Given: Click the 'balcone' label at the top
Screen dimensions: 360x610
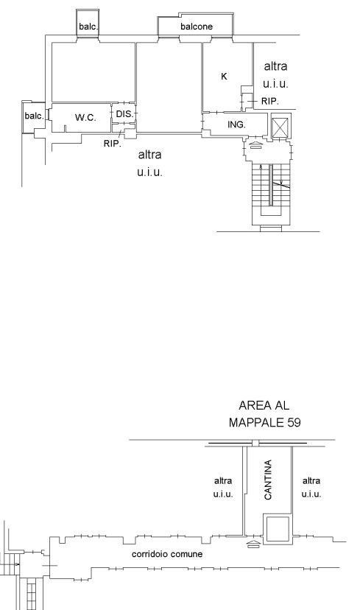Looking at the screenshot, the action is tap(197, 27).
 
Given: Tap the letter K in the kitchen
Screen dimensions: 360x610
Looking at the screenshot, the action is tap(224, 77).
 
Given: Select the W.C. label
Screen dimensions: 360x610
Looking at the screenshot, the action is tap(85, 117).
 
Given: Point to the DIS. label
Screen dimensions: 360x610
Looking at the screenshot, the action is tap(125, 114).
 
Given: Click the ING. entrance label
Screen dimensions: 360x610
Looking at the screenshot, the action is tap(236, 125).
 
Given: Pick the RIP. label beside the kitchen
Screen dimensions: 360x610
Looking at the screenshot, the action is tap(269, 101).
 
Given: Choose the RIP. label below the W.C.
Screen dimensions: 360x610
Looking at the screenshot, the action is tap(113, 144).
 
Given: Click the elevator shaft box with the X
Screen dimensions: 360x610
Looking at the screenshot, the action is tap(280, 127).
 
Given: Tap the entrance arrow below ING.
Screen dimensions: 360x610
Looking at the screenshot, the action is tap(255, 145).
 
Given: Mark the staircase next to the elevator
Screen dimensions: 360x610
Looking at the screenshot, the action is tap(271, 194).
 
